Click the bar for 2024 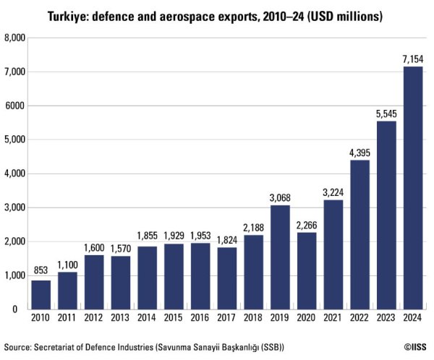(413, 188)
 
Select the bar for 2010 (41, 294)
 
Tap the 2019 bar (280, 257)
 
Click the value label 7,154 (413, 59)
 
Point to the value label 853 (41, 273)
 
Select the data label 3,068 (280, 197)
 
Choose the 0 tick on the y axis (23, 309)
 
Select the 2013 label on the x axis (121, 319)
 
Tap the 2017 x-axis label (227, 319)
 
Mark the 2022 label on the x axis (360, 319)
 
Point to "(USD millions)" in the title (343, 14)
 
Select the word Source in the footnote (17, 346)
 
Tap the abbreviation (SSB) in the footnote (269, 346)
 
